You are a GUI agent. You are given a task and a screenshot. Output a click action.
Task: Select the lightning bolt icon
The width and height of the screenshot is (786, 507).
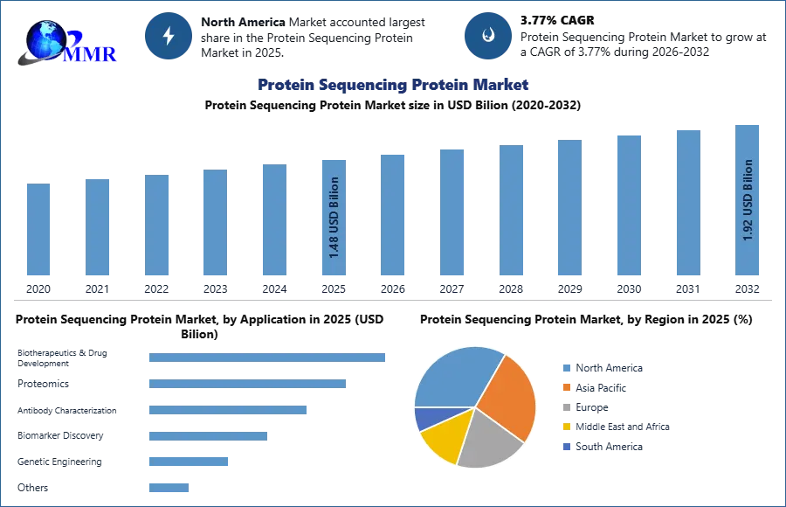pos(169,36)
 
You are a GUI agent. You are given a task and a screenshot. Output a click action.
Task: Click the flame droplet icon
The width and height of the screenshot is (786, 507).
pos(488,36)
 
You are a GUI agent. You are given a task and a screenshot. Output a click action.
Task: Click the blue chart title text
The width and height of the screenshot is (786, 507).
pos(392,85)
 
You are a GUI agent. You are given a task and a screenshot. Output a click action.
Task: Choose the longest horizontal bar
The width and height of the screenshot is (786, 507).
pos(268,357)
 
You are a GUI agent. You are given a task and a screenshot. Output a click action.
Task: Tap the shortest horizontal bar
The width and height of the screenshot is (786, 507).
pos(167,489)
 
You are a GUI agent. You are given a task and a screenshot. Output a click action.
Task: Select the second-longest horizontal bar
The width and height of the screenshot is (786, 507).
pos(247,385)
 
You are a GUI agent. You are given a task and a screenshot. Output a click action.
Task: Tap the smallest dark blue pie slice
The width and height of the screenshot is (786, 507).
pos(424,419)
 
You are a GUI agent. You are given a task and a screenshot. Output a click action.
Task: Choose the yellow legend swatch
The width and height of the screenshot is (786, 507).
pos(567,427)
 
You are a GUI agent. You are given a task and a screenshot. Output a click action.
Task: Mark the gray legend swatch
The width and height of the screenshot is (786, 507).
pos(567,406)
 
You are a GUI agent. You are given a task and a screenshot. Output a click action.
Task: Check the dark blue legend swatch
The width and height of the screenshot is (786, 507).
pos(567,447)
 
